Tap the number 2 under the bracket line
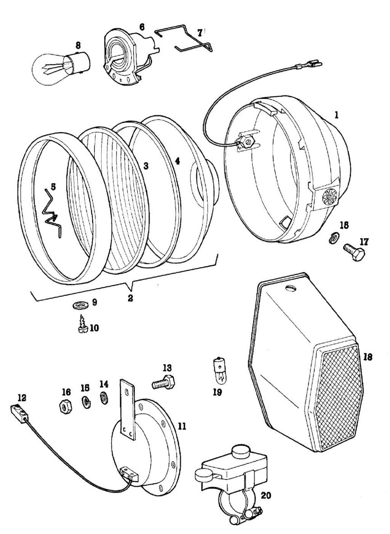pyautogui.click(x=130, y=298)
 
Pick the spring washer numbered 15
pyautogui.click(x=84, y=400)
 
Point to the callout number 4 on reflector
pyautogui.click(x=177, y=161)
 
